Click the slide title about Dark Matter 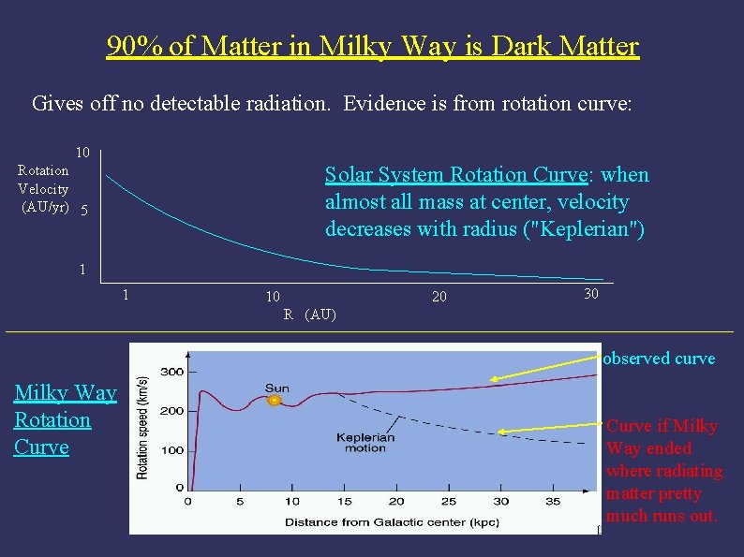tap(372, 46)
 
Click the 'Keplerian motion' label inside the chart tap(365, 442)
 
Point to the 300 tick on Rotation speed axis tap(171, 372)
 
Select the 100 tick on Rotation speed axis tap(171, 451)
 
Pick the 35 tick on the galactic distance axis tap(552, 503)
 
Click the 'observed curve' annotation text tap(660, 359)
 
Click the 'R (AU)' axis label tap(309, 315)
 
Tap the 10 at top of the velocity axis tap(82, 153)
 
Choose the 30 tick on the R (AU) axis tap(590, 294)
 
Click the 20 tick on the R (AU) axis tap(439, 296)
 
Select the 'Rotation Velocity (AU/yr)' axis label tap(44, 189)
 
